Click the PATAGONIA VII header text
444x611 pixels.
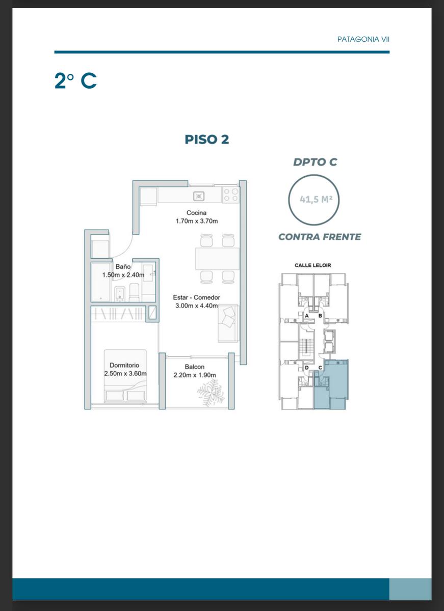[x=363, y=39]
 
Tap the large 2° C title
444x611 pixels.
[x=75, y=81]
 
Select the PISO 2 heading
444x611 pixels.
[x=207, y=140]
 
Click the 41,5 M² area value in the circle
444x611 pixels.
[x=316, y=200]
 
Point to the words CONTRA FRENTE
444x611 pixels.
[x=320, y=237]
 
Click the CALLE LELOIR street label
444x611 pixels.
[x=312, y=265]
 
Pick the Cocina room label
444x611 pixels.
[x=196, y=213]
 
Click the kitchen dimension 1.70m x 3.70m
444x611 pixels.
[x=197, y=221]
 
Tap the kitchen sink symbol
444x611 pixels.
[x=199, y=196]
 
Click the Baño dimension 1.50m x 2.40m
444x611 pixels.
[x=123, y=274]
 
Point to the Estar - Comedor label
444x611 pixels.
[x=196, y=297]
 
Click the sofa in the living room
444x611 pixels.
[x=228, y=323]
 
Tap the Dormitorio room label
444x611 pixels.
[x=124, y=365]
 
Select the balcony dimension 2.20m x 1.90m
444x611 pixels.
[x=195, y=375]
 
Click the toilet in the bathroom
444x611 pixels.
[x=134, y=292]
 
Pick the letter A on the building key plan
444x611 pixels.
[x=307, y=316]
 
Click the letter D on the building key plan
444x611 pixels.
[x=307, y=368]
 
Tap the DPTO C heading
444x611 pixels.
[x=315, y=162]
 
